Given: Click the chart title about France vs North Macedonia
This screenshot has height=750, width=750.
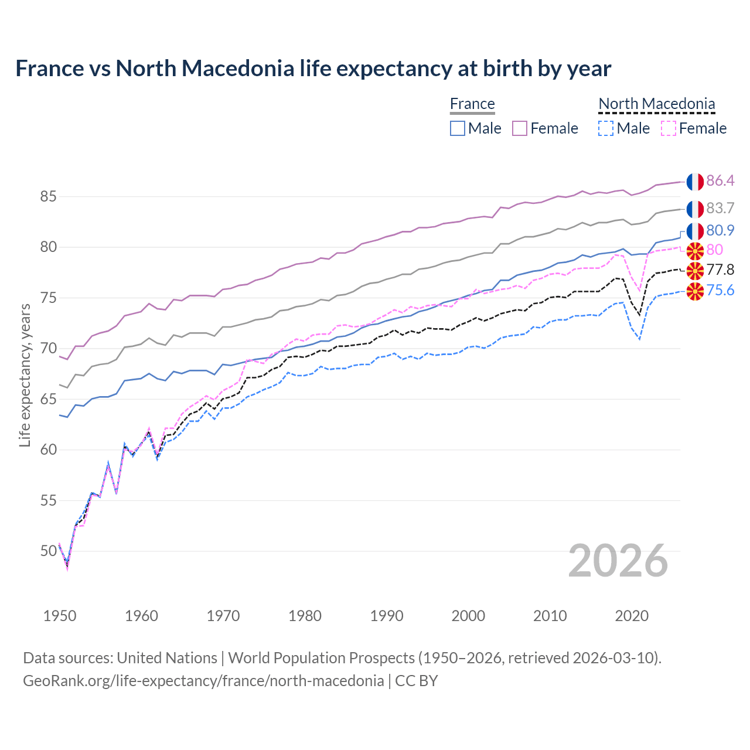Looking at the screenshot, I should [x=313, y=69].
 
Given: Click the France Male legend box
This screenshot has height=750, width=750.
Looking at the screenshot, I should [x=458, y=128].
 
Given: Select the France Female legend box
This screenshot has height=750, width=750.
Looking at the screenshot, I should [x=520, y=128].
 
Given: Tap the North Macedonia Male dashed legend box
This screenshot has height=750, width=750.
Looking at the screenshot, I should [x=606, y=128].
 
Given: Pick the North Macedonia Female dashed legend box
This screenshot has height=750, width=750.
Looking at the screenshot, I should [x=669, y=128].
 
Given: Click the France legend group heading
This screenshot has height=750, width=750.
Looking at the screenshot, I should [x=472, y=104].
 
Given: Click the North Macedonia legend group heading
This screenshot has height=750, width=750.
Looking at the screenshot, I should [x=657, y=104].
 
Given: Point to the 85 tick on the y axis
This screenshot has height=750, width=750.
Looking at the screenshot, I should [x=48, y=197].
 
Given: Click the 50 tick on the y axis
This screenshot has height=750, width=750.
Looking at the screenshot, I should [x=48, y=551].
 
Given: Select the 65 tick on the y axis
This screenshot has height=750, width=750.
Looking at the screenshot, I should [x=48, y=400].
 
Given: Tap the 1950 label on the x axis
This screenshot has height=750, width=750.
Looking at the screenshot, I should [x=60, y=616].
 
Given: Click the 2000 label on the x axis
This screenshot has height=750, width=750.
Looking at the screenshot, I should [x=468, y=616].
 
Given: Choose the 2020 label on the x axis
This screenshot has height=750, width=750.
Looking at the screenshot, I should [x=632, y=616].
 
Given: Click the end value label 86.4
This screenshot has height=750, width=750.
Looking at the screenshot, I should [x=720, y=180].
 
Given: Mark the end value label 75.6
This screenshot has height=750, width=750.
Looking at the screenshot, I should [x=720, y=291].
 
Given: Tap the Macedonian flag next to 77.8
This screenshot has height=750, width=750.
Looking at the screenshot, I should [x=695, y=271].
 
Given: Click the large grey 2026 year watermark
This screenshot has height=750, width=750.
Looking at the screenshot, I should [x=618, y=561].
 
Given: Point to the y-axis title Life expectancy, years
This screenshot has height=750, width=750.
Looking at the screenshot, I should [x=25, y=375].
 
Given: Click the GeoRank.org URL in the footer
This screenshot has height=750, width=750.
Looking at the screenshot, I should [x=203, y=681].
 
